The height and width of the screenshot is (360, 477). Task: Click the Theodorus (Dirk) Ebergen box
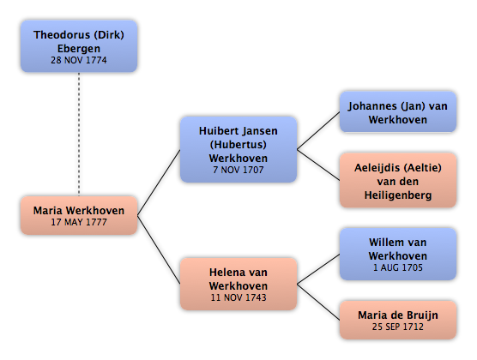(x=79, y=46)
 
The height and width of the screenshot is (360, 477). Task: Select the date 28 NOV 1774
(x=79, y=60)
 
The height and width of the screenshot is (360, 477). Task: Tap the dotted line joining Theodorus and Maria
(x=79, y=134)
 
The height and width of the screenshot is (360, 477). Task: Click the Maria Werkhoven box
(x=79, y=215)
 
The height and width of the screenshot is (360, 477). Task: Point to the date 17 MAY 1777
(x=79, y=222)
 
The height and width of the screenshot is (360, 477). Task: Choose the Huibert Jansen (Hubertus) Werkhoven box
(x=238, y=149)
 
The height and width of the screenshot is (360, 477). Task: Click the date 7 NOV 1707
(x=238, y=170)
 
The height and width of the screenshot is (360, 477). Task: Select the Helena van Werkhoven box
(x=238, y=284)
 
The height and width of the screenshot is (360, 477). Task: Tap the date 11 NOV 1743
(x=238, y=297)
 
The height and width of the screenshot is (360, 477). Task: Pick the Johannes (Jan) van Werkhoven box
(x=398, y=112)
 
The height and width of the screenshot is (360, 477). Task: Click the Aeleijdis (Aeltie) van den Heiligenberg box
(x=398, y=180)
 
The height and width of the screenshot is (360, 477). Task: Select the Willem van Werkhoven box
(x=398, y=254)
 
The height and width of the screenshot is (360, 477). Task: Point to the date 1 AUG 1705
(x=398, y=267)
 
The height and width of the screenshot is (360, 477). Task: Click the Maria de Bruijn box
(x=398, y=320)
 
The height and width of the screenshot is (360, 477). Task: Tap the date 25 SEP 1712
(x=398, y=327)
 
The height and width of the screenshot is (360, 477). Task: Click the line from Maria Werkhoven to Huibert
(x=159, y=183)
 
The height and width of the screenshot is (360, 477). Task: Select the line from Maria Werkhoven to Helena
(x=159, y=249)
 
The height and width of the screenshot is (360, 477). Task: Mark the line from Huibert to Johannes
(x=318, y=131)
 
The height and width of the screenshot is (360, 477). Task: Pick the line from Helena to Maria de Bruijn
(x=318, y=302)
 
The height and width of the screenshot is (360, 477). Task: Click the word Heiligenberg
(x=398, y=195)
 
